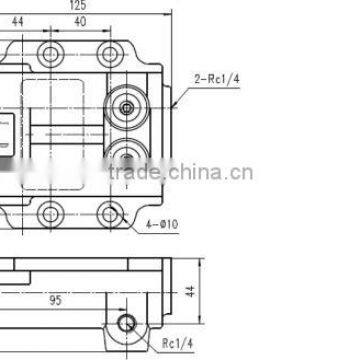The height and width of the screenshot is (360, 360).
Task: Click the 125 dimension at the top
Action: click(105, 5)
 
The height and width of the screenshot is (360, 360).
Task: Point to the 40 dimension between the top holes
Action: click(79, 19)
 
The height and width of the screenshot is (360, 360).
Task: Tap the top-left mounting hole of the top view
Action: click(48, 52)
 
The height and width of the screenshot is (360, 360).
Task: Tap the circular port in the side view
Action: click(127, 322)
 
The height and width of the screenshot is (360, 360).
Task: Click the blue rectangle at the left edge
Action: click(4, 130)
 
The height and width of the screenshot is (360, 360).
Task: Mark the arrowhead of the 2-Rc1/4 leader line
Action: click(173, 105)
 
